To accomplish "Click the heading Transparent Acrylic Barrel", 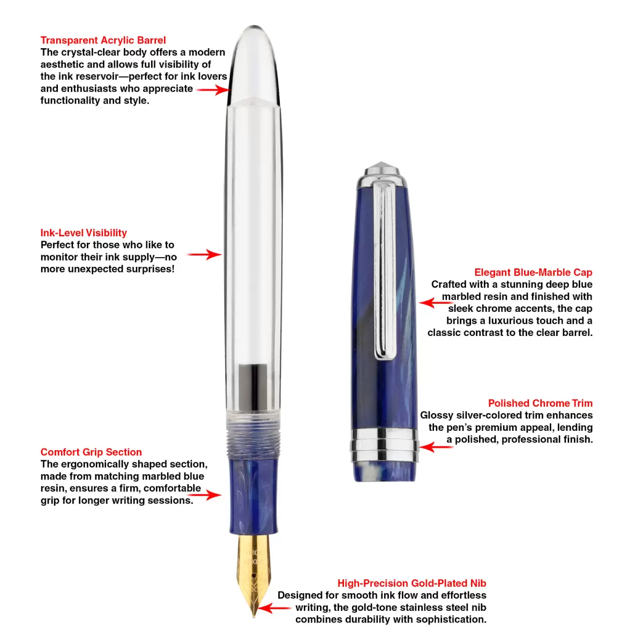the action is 103,40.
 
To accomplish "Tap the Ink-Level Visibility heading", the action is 84,233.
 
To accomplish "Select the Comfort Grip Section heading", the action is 91,452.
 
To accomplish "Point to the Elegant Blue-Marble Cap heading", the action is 533,272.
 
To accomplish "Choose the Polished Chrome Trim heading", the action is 540,403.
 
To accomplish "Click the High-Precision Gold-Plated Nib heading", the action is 412,583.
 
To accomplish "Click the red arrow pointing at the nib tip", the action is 275,608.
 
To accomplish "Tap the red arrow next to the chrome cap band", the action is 436,447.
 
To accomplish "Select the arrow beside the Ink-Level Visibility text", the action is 204,255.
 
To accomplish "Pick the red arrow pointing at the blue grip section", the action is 204,495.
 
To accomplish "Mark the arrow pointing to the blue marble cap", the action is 436,303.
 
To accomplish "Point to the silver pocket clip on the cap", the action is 385,270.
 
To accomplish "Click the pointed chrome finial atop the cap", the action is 383,168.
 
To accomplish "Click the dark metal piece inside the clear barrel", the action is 253,387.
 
